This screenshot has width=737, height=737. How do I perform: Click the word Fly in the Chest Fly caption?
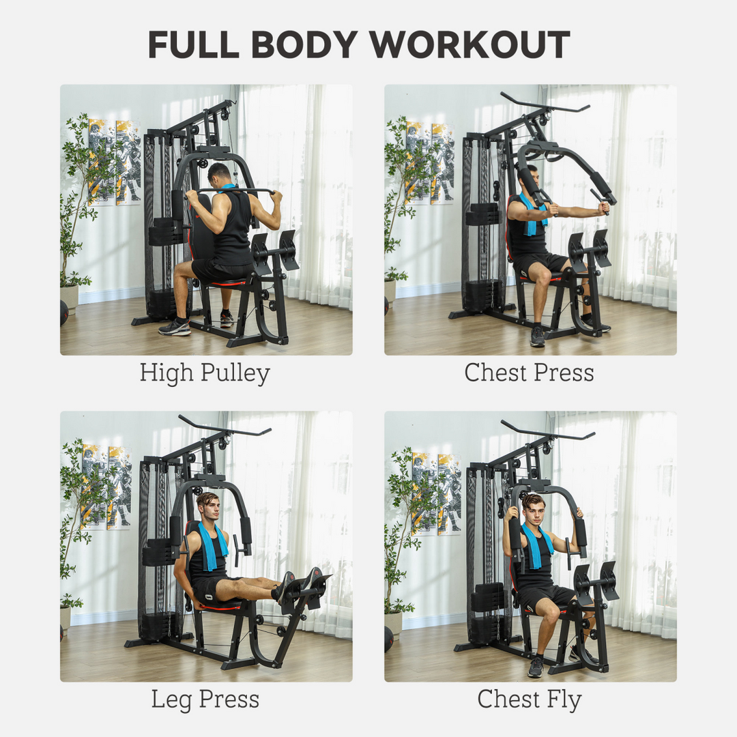tap(562, 699)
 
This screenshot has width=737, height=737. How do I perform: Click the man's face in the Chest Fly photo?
tap(533, 509)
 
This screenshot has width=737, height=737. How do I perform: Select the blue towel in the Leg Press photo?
tap(209, 546)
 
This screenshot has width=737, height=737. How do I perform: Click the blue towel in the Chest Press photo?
tap(531, 214)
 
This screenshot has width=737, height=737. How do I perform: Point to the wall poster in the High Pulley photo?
tap(115, 162)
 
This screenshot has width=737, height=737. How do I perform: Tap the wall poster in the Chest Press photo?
tap(430, 162)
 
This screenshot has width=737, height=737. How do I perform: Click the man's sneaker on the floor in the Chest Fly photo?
tap(535, 666)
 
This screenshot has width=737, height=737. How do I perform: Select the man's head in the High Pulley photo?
tap(220, 173)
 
